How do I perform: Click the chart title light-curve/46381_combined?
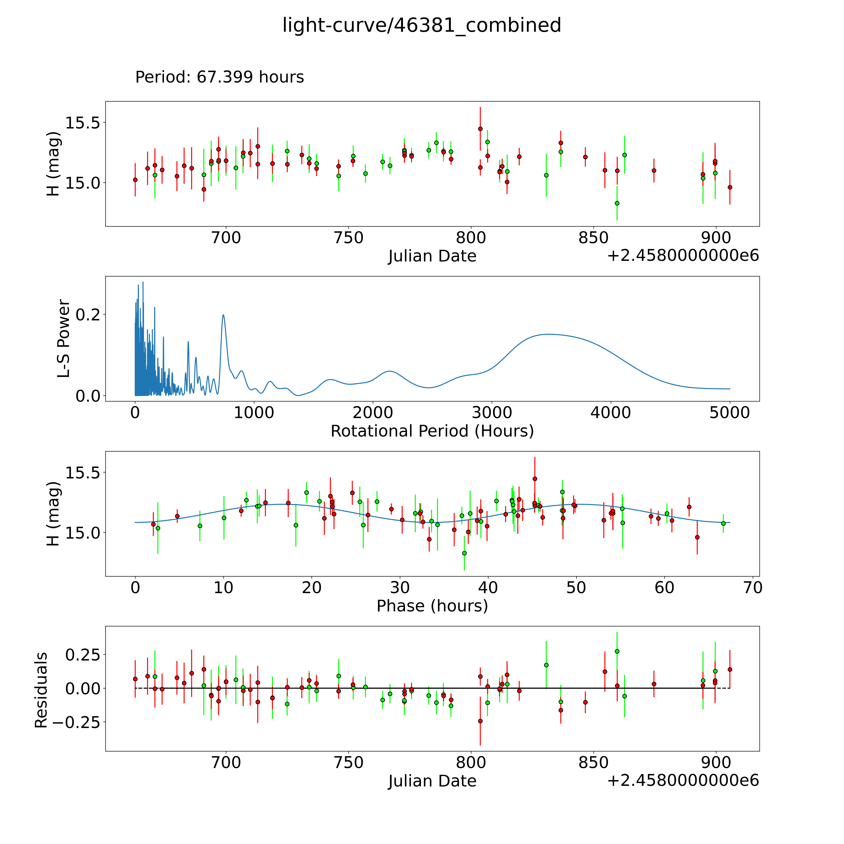coord(422,25)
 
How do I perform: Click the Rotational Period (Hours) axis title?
coord(432,431)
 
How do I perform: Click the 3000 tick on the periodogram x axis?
coord(492,413)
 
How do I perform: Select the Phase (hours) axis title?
coord(432,606)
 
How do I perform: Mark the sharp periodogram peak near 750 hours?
coord(223,314)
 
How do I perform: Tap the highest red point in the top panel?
coord(480,129)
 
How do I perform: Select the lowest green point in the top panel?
coord(617,203)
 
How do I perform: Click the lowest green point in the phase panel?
coord(464,553)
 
